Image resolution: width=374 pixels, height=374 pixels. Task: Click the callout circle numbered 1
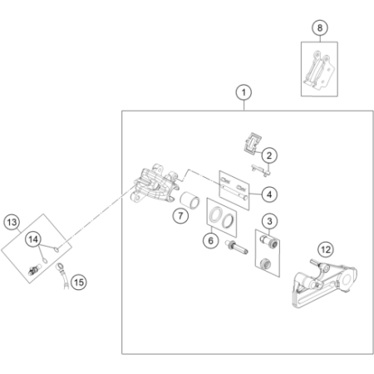[244, 92]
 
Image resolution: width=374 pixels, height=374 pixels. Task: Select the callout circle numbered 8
[320, 27]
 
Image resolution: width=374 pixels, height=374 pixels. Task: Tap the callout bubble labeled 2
[269, 155]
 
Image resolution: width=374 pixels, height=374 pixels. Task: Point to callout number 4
[269, 194]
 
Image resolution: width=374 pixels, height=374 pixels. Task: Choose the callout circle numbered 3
[269, 221]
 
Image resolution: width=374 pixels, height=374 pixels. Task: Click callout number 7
[180, 215]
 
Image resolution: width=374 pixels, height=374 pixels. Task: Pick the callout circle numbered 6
[211, 240]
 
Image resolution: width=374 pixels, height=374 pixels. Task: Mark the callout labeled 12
[326, 249]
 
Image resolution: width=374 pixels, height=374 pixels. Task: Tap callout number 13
[12, 222]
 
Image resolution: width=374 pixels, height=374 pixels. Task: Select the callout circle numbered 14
[33, 239]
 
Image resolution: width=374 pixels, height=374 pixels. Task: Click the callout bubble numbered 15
[79, 283]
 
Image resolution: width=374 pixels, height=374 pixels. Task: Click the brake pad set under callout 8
[319, 70]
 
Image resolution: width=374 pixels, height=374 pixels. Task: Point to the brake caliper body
[153, 184]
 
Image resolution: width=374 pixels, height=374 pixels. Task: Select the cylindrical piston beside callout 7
[189, 200]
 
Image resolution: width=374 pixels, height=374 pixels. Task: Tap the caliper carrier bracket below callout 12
[325, 283]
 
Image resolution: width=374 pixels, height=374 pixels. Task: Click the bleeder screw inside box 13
[34, 269]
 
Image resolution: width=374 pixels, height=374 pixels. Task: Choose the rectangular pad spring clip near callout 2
[253, 143]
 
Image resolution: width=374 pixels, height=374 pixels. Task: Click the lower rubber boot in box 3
[266, 263]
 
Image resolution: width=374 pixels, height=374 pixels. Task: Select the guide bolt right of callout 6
[237, 247]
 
